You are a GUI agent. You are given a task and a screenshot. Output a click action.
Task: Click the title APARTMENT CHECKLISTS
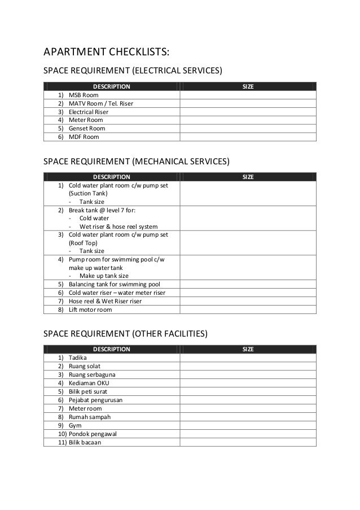coord(106,53)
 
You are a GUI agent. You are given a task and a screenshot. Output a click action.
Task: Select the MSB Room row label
coord(83,95)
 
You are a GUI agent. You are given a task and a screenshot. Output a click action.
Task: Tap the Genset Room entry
coord(86,128)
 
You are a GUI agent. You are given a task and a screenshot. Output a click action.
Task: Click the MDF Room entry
coord(84,137)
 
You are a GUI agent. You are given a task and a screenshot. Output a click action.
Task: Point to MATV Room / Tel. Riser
coord(100,103)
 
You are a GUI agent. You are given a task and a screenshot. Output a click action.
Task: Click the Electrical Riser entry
coord(88,112)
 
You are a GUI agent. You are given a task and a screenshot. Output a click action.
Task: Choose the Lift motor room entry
coord(90,310)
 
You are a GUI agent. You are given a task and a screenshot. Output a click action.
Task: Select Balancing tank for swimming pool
coord(114,284)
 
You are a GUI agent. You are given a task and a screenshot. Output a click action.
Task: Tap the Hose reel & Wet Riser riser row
coord(105,301)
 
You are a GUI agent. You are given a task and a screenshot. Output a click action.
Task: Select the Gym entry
coord(75,425)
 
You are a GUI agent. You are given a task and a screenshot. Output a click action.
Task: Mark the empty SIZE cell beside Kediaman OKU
coord(248,383)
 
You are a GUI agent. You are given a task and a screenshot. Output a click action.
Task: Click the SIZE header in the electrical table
coord(248,86)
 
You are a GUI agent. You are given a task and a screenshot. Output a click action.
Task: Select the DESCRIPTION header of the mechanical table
coord(111,177)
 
